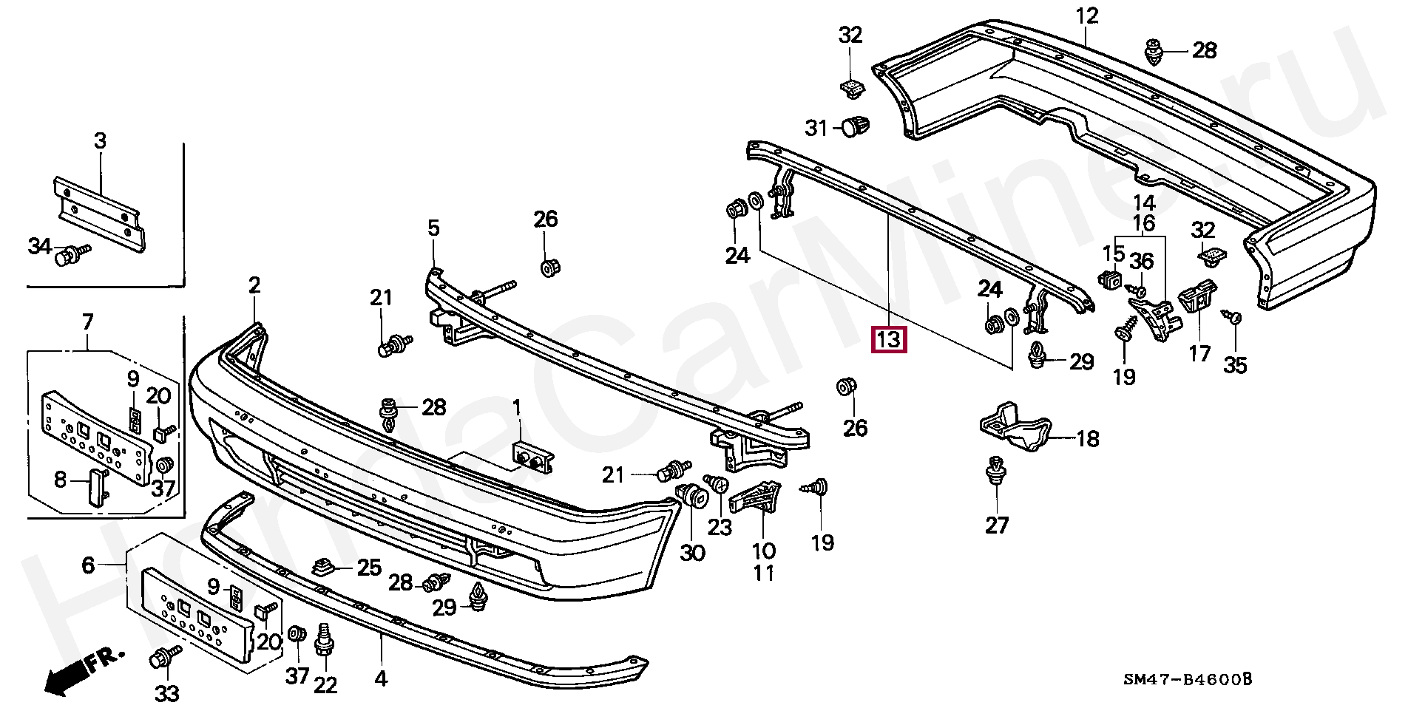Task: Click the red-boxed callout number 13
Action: coord(889,339)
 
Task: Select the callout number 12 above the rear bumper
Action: coord(1087,16)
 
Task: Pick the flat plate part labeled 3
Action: coord(100,214)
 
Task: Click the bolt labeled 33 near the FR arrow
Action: coord(166,656)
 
